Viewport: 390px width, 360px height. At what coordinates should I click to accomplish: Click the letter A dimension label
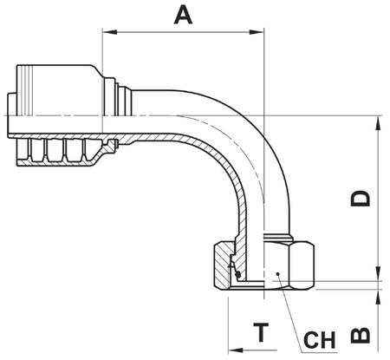(x=182, y=15)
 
